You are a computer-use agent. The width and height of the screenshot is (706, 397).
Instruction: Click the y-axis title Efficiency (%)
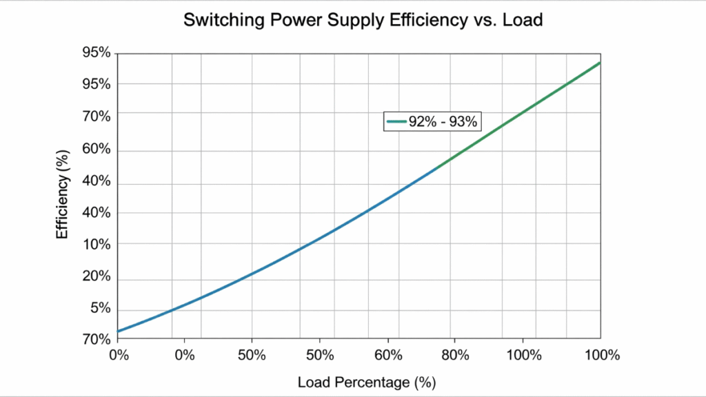click(63, 195)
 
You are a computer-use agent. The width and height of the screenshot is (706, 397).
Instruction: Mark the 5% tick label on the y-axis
click(101, 307)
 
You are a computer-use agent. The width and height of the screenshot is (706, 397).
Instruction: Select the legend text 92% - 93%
click(443, 121)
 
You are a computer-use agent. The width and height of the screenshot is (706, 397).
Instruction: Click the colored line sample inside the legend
click(396, 121)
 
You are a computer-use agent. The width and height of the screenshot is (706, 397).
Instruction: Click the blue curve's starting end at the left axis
click(119, 332)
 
